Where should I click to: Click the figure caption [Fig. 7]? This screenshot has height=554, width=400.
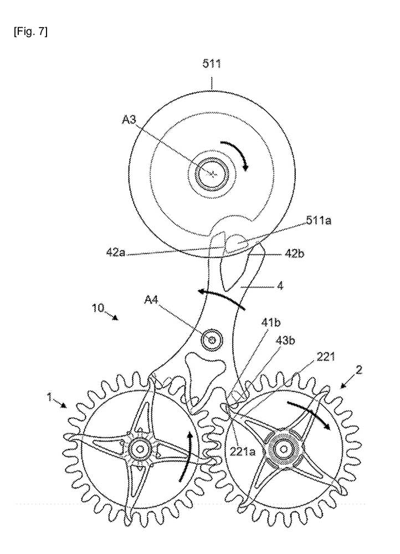[x=32, y=31]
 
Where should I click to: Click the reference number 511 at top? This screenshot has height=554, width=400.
[x=212, y=64]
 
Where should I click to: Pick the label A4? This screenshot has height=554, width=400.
[x=153, y=300]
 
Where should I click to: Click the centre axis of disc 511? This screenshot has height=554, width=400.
[x=213, y=173]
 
